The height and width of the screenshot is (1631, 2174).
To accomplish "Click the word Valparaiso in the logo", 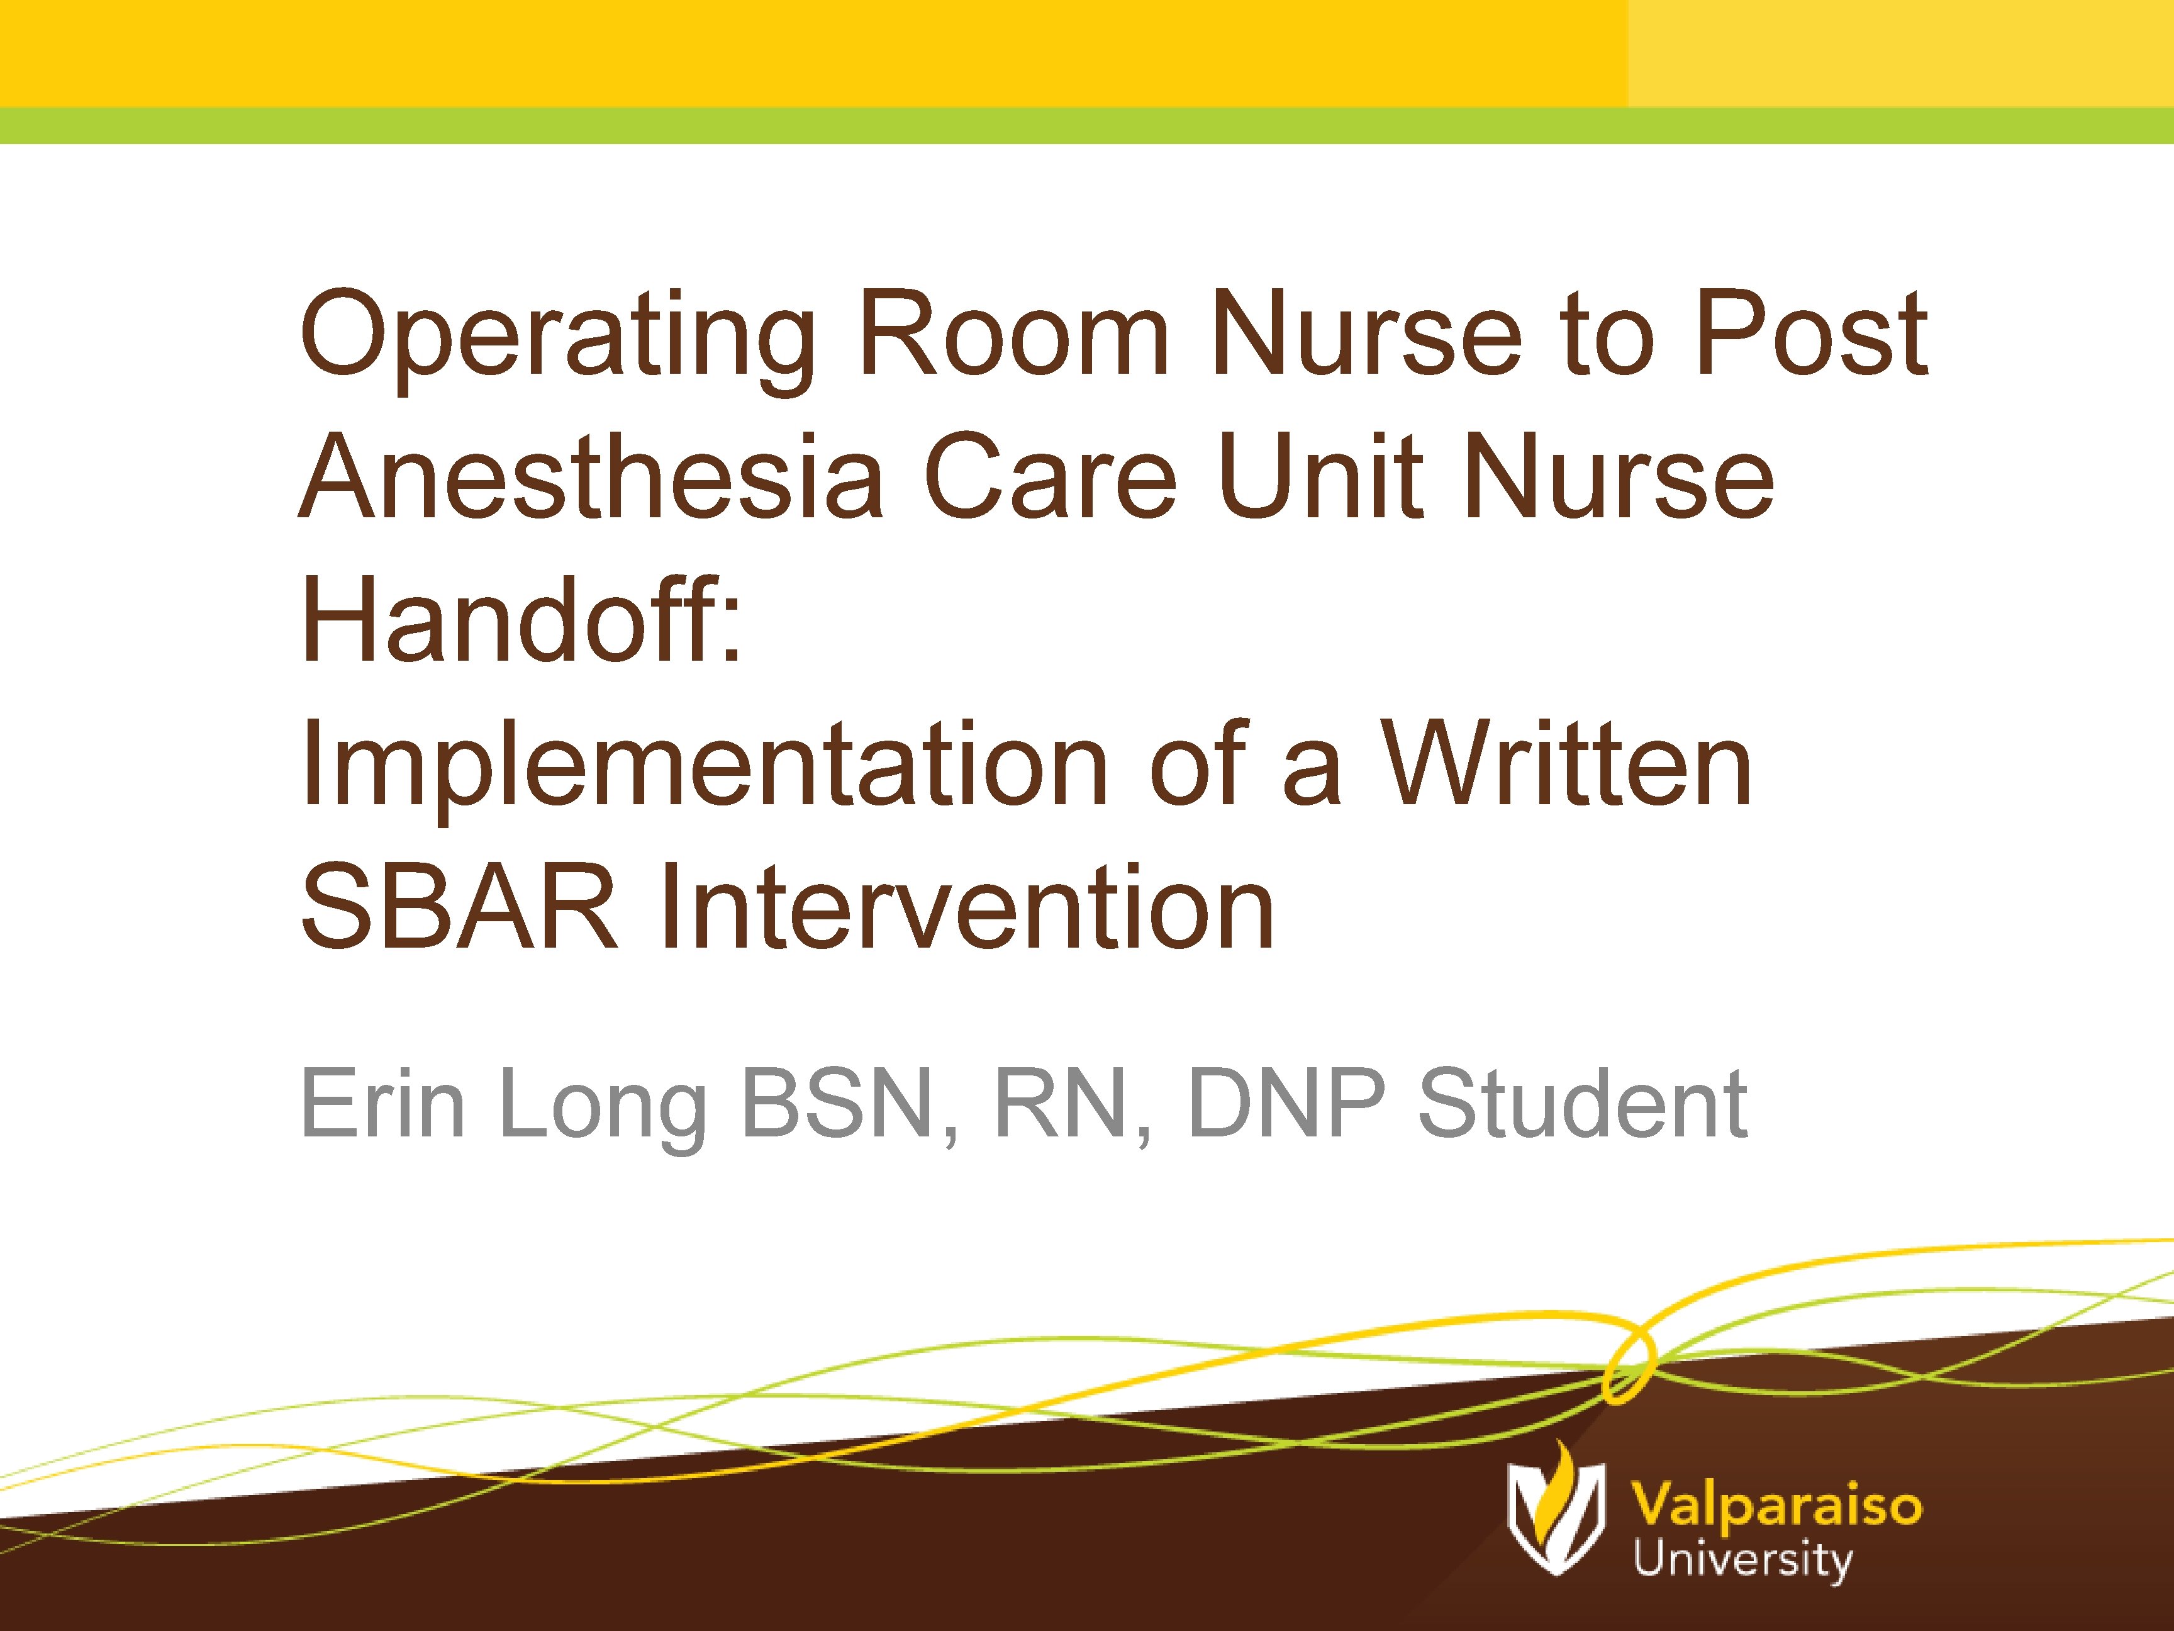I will coord(1776,1505).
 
